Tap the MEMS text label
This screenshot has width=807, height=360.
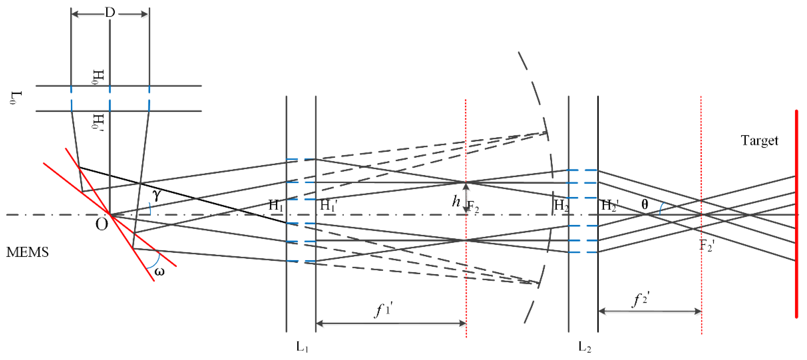[28, 252]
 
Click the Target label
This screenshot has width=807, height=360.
[759, 140]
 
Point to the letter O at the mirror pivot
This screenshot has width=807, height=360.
[102, 224]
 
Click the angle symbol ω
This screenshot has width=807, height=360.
[159, 271]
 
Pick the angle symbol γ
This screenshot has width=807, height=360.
[157, 195]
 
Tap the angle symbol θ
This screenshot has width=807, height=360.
[644, 205]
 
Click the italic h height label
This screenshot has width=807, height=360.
[456, 201]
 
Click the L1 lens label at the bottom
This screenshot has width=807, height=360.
[302, 347]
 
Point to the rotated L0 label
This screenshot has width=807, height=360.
[16, 98]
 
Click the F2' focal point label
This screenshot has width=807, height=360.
[707, 245]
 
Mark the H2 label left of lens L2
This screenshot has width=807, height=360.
[561, 205]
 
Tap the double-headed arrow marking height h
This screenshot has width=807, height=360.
[466, 198]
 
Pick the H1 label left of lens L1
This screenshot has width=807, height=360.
[276, 205]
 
